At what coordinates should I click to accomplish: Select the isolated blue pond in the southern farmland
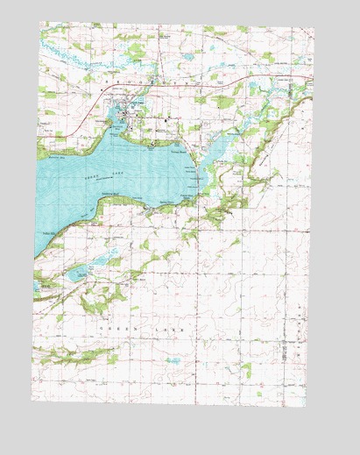click(x=173, y=360)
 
